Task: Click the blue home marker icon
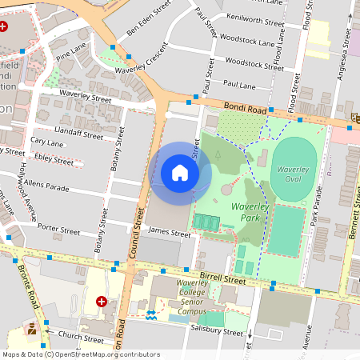(x=180, y=173)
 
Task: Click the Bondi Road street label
(x=222, y=103)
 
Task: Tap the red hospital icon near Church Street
(x=102, y=302)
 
